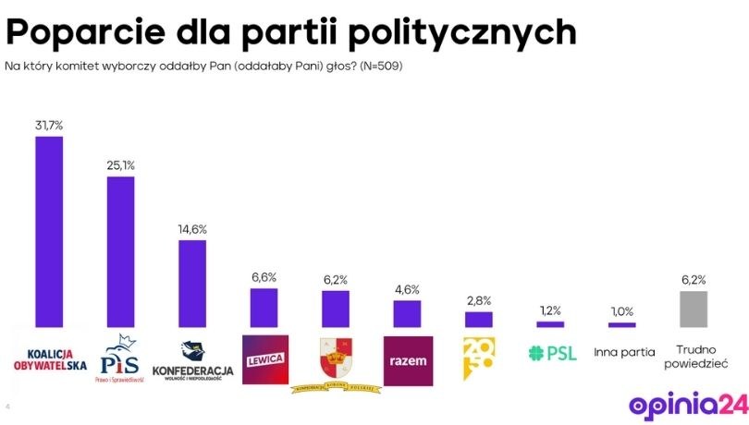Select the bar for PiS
[120, 251]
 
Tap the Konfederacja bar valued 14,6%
[191, 284]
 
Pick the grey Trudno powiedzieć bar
[694, 309]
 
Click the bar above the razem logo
[407, 313]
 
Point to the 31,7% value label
[48, 123]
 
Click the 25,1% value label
[120, 164]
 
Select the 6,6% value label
[264, 276]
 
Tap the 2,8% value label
[478, 300]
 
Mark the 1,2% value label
[550, 310]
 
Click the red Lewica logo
[264, 357]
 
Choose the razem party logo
[407, 358]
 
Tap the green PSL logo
[551, 352]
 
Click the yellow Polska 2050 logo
[478, 358]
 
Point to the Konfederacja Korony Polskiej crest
[336, 357]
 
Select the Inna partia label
[623, 352]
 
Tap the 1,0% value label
[622, 310]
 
